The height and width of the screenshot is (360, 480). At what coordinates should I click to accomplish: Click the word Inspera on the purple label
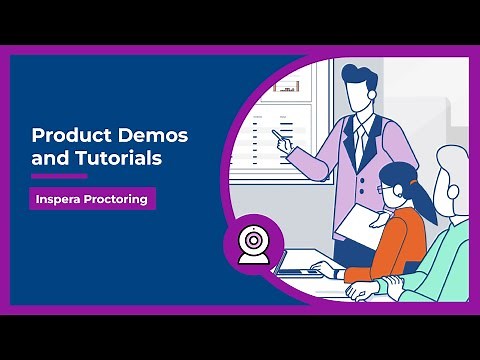pyautogui.click(x=58, y=199)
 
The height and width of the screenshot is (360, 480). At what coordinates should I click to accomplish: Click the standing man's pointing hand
pyautogui.click(x=285, y=146)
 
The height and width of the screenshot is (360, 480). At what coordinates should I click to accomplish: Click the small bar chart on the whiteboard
pyautogui.click(x=289, y=86)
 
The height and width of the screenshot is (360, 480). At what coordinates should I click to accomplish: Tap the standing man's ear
pyautogui.click(x=372, y=100)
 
